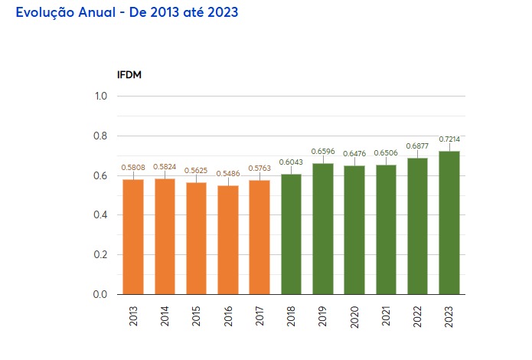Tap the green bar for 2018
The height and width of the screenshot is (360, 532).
(x=291, y=234)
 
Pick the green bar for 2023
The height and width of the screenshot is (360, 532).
(x=449, y=222)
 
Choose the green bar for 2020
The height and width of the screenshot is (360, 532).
(x=354, y=229)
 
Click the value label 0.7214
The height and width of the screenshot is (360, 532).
(x=449, y=139)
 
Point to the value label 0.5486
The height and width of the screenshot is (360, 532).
(x=228, y=174)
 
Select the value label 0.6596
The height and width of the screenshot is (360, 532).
(x=323, y=151)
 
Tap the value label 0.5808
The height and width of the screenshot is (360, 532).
(x=133, y=167)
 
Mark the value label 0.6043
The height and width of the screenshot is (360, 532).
(x=291, y=162)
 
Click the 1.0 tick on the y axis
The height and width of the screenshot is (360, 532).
(x=101, y=97)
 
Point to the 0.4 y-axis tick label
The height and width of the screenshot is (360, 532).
(x=101, y=215)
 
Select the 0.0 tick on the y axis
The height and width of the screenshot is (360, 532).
(x=101, y=295)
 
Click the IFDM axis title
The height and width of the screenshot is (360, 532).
(x=129, y=74)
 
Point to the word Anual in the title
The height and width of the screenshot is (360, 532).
(x=109, y=14)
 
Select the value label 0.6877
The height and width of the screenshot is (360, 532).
(x=418, y=146)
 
